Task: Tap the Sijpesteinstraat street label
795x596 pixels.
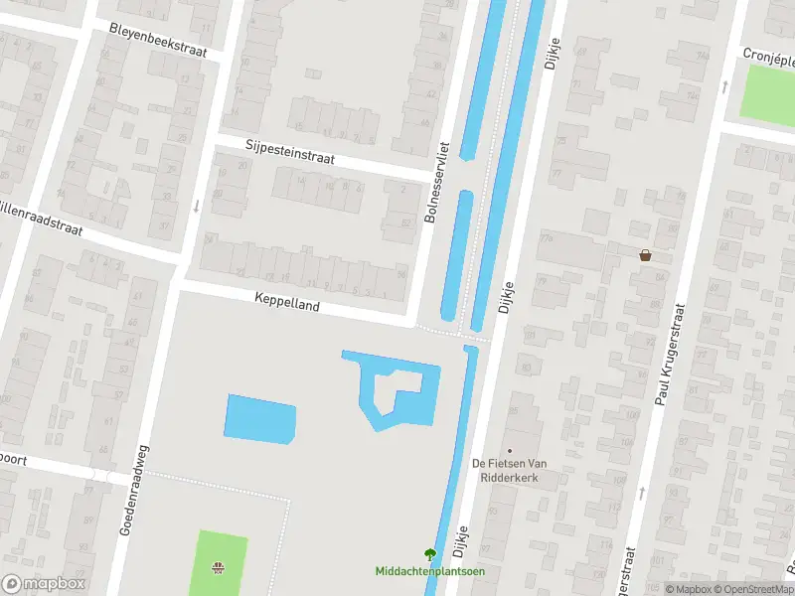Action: point(290,152)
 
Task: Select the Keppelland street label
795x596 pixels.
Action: point(287,302)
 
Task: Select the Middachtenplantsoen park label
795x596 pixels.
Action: point(429,571)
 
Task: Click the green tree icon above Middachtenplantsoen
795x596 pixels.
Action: point(429,554)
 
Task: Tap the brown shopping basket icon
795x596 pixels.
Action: point(646,255)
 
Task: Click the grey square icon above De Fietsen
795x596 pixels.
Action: point(510,450)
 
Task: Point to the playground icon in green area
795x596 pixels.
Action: point(217,569)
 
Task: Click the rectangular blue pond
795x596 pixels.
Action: point(261,419)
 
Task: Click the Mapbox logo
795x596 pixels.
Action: point(44,584)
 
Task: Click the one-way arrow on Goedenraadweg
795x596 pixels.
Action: point(197,207)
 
